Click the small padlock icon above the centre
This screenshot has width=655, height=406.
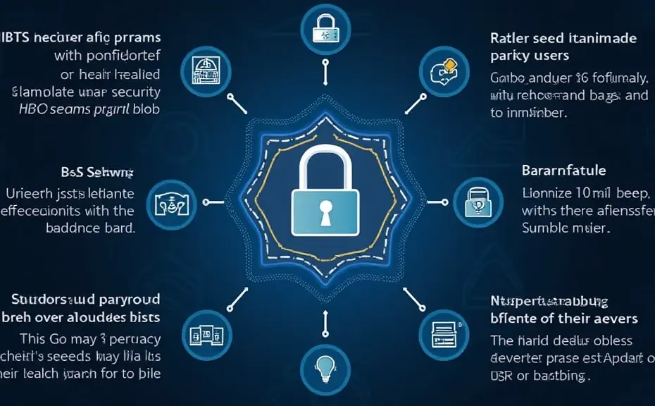(325, 30)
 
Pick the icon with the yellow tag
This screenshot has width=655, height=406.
(444, 70)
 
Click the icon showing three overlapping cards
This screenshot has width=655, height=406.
(206, 331)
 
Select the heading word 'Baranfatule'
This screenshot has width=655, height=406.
(563, 171)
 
